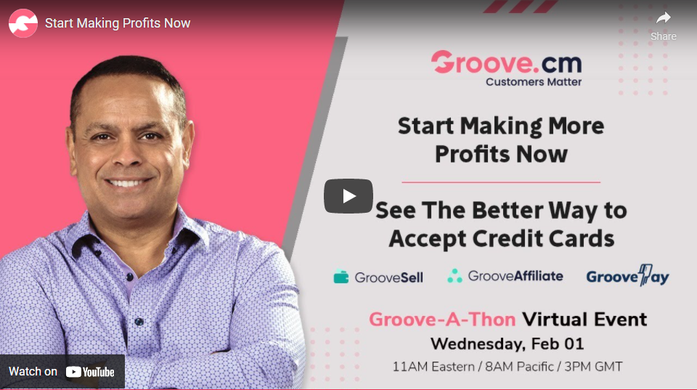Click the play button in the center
[348, 196]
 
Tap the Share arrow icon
[663, 18]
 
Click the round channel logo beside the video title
[23, 23]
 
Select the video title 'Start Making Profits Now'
[118, 23]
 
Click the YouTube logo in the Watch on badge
[90, 372]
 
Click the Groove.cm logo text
[506, 62]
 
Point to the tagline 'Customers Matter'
[534, 82]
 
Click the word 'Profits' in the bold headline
[472, 154]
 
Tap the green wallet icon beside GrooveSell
[341, 277]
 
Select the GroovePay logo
[627, 276]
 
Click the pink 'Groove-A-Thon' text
[442, 320]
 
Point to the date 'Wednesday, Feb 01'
[508, 344]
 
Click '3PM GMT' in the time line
[593, 367]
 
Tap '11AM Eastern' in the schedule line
[433, 367]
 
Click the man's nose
[127, 153]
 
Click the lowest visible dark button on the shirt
[139, 322]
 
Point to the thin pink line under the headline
[501, 182]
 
